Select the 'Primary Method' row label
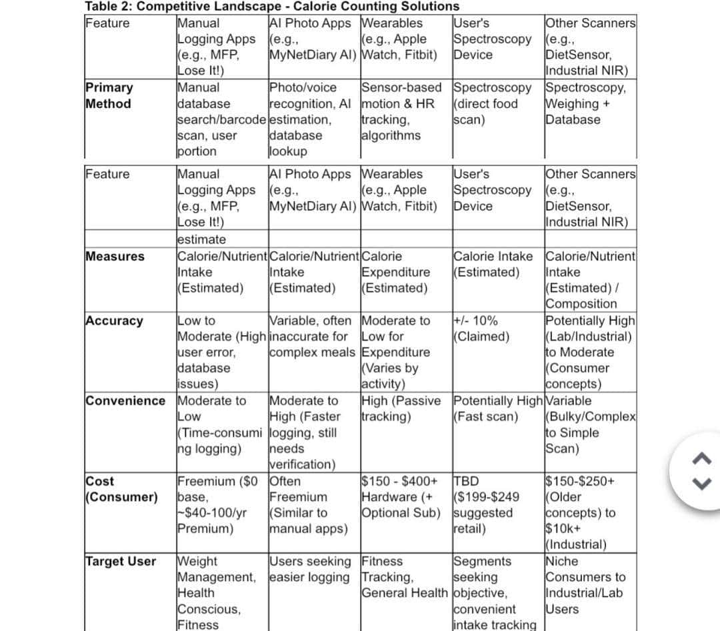(x=109, y=95)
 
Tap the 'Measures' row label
(x=115, y=257)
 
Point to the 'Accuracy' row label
(x=114, y=320)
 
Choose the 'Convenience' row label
(x=125, y=400)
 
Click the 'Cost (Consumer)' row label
(x=122, y=489)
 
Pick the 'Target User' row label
(x=121, y=561)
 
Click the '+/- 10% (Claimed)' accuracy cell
(x=481, y=328)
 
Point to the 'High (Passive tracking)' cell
(x=401, y=408)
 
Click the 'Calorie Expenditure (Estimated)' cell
(x=396, y=272)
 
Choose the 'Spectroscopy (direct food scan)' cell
(x=492, y=103)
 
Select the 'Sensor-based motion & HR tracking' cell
(x=401, y=111)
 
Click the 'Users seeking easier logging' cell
(x=310, y=569)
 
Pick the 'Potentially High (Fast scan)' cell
(x=497, y=408)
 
